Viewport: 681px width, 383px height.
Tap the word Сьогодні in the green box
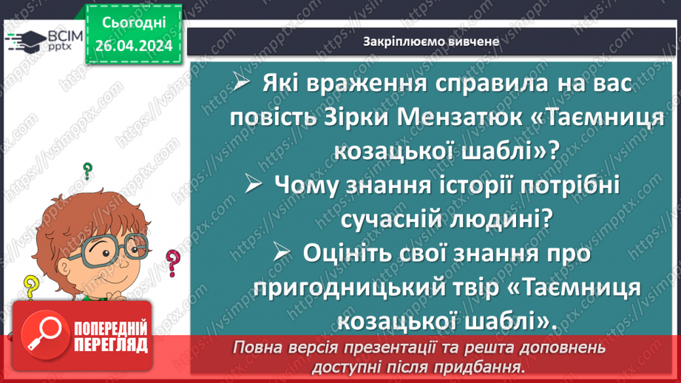click(x=133, y=24)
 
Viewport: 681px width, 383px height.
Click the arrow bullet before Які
click(x=243, y=84)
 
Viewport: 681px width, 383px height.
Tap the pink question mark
click(x=173, y=260)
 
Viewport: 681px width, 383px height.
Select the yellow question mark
click(x=31, y=285)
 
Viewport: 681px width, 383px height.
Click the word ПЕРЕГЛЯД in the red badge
click(x=109, y=345)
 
